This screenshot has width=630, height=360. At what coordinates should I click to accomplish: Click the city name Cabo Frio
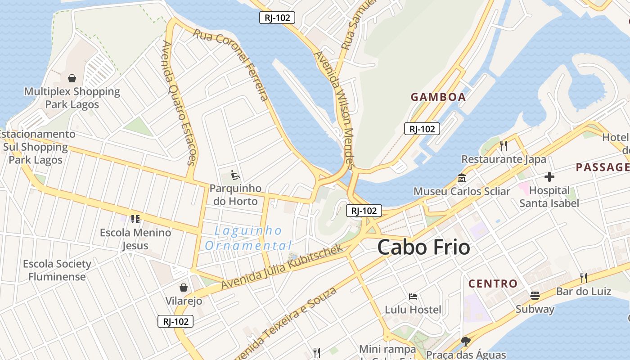(423, 247)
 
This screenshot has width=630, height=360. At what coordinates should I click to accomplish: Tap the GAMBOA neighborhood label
(438, 97)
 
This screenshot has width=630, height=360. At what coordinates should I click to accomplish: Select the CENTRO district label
(493, 283)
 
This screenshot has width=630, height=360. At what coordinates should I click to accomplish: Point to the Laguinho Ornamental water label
(248, 238)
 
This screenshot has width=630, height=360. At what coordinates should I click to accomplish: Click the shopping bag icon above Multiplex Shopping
(72, 79)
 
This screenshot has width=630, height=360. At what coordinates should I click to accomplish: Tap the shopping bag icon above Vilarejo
(184, 287)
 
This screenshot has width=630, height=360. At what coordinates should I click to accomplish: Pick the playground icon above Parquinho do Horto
(234, 174)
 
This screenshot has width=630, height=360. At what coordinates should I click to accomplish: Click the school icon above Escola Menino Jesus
(135, 219)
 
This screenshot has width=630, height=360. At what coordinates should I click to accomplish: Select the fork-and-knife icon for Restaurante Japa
(504, 145)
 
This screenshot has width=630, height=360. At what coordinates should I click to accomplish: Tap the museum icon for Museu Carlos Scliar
(462, 178)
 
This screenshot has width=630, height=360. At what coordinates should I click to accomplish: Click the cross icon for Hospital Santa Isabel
(549, 177)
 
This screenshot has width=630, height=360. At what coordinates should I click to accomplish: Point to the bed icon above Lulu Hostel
(413, 297)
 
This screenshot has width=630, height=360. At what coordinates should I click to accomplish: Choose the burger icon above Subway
(535, 296)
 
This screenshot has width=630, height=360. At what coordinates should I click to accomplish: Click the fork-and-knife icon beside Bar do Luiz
(584, 277)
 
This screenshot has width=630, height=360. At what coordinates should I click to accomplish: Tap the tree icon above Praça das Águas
(466, 342)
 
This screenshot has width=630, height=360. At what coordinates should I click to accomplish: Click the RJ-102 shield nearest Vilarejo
(175, 321)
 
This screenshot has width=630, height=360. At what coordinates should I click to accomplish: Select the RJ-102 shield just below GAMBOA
(422, 129)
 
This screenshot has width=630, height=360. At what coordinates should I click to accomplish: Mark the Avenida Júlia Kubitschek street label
(282, 267)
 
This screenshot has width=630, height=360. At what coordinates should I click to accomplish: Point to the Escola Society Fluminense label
(57, 270)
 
